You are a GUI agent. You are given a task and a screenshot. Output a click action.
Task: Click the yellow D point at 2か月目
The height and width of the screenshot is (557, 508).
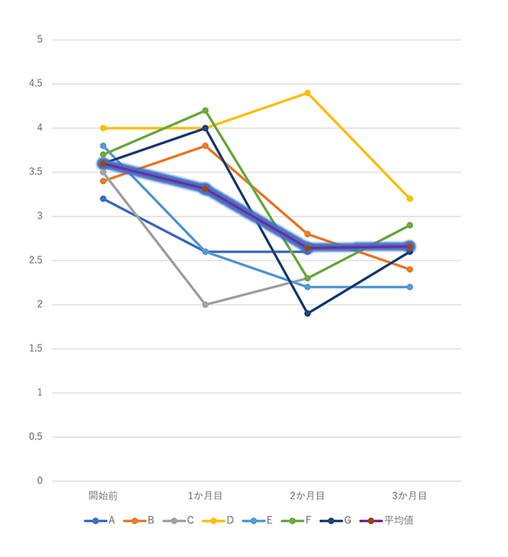tap(307, 93)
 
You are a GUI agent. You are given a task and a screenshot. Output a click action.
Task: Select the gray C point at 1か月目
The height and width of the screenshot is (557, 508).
tap(205, 304)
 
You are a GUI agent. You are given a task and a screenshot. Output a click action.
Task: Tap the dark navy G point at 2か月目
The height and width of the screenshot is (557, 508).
tap(307, 313)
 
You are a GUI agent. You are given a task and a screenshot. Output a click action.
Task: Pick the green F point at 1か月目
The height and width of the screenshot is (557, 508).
tap(205, 111)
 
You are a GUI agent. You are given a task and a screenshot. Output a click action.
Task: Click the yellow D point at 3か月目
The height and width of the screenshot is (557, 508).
tap(410, 199)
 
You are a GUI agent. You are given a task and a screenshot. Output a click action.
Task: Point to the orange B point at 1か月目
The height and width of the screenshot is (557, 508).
tap(205, 146)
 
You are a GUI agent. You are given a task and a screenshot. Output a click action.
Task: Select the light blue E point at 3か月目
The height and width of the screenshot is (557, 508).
tap(410, 287)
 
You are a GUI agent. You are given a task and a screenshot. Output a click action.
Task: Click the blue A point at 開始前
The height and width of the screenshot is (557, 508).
tap(103, 199)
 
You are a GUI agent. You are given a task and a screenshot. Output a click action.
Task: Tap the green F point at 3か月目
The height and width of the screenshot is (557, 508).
tap(410, 225)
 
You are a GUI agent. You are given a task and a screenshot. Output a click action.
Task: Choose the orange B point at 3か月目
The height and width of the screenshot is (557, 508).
tap(410, 269)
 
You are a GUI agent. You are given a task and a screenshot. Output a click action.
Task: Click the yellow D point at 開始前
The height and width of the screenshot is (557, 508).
tap(103, 128)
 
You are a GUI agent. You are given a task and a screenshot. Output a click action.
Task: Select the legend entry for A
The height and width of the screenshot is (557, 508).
tap(100, 521)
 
